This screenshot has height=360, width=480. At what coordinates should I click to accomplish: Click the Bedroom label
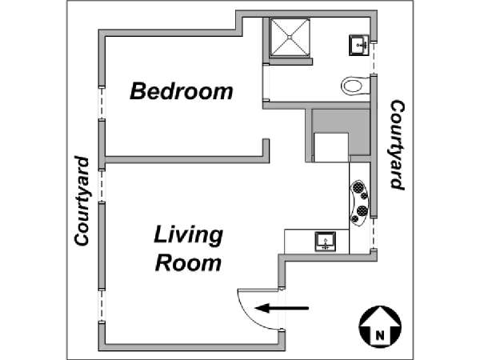(x=182, y=91)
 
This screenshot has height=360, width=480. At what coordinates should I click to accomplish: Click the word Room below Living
(x=188, y=262)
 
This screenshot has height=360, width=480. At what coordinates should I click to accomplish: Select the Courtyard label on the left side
(x=82, y=201)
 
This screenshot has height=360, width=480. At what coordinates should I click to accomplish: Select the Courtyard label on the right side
(x=398, y=145)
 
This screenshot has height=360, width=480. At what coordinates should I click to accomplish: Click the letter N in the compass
(x=379, y=335)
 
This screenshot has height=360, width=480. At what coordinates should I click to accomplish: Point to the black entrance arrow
(x=282, y=308)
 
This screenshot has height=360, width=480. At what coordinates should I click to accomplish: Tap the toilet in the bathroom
(x=355, y=86)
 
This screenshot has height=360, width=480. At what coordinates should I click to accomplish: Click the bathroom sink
(x=358, y=46)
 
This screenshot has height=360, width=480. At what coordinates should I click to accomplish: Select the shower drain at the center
(x=290, y=37)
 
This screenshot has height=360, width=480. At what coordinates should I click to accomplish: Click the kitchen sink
(x=326, y=242)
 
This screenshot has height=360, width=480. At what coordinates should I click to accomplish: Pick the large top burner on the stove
(x=358, y=186)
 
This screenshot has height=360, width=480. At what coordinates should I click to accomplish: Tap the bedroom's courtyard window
(x=102, y=103)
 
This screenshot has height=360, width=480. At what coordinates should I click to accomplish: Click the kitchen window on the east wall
(x=374, y=234)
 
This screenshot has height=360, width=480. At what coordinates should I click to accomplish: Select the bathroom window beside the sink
(x=374, y=58)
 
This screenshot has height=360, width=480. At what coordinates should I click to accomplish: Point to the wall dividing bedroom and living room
(x=187, y=159)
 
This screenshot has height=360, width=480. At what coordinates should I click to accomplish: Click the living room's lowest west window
(x=102, y=306)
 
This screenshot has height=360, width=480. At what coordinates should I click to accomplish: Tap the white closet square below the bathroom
(x=331, y=147)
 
